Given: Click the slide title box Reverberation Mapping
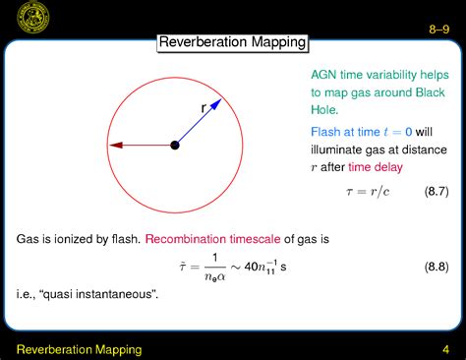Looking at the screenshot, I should (x=233, y=42).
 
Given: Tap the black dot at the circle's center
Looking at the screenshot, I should (x=175, y=145).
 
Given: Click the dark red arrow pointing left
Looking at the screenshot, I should (x=138, y=145).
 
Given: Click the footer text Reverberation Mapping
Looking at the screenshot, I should (x=79, y=349).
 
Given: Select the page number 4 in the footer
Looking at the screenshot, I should (x=445, y=349).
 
